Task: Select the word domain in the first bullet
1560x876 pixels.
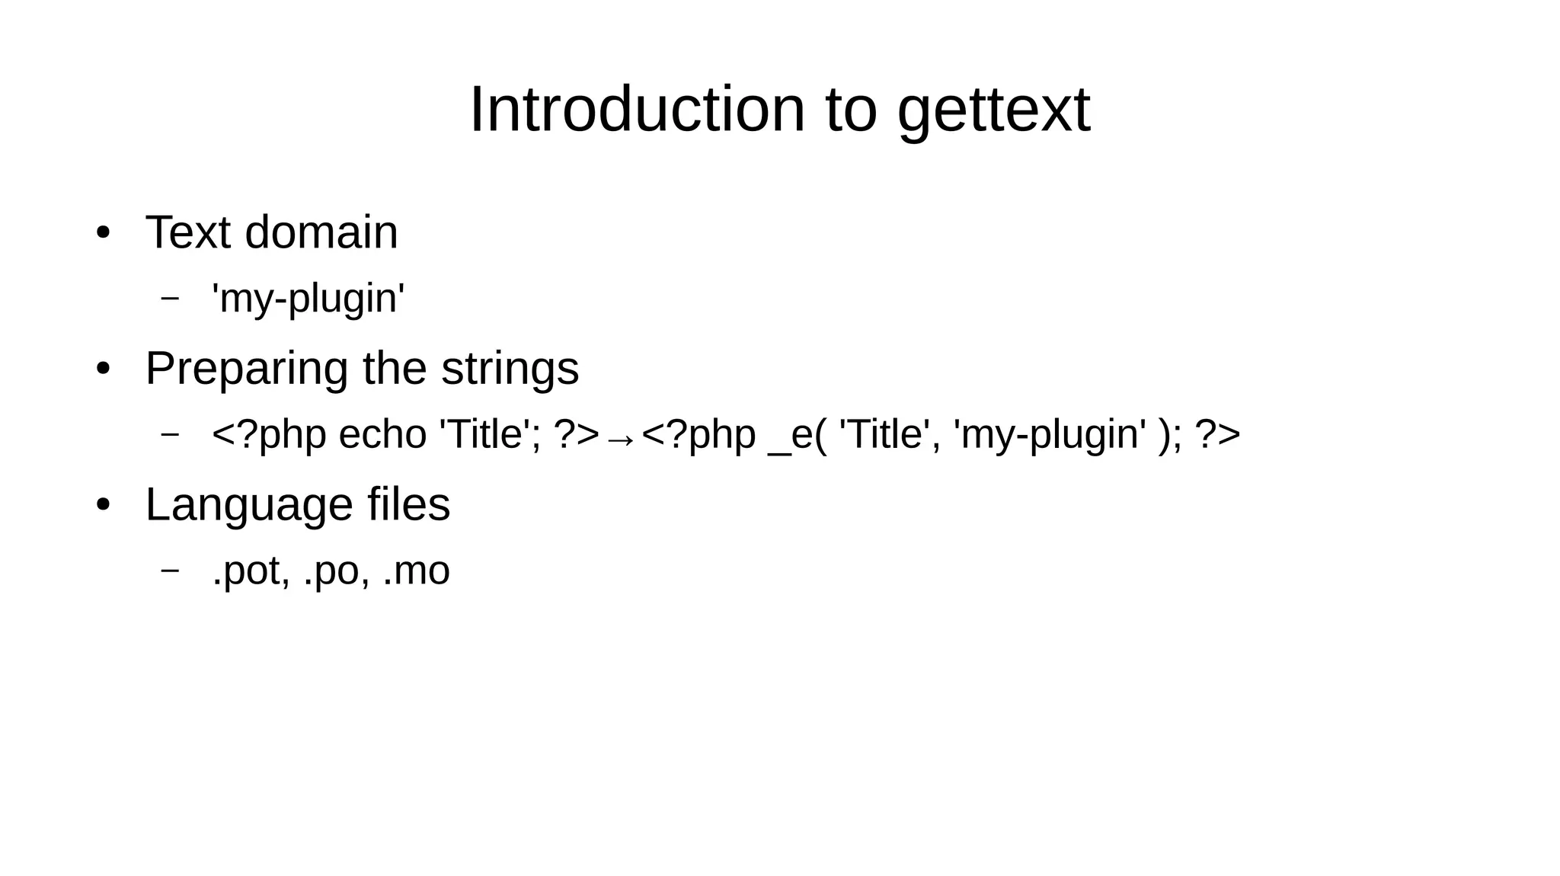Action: click(x=321, y=232)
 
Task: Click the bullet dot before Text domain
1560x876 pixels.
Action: click(x=104, y=232)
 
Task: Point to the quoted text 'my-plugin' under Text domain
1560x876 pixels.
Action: click(x=308, y=298)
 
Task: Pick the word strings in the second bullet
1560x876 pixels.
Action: click(x=510, y=369)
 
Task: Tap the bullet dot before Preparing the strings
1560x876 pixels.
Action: click(x=104, y=369)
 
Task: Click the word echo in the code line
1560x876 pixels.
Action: click(x=382, y=435)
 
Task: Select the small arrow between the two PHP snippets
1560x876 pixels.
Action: click(x=621, y=440)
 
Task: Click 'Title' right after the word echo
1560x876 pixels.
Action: click(x=490, y=435)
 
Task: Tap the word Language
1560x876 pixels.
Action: click(x=248, y=505)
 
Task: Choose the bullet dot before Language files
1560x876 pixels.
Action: click(x=104, y=504)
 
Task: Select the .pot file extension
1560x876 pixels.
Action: click(x=250, y=571)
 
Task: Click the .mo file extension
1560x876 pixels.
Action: click(x=416, y=571)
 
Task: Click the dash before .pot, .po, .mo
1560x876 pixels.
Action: click(x=171, y=569)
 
